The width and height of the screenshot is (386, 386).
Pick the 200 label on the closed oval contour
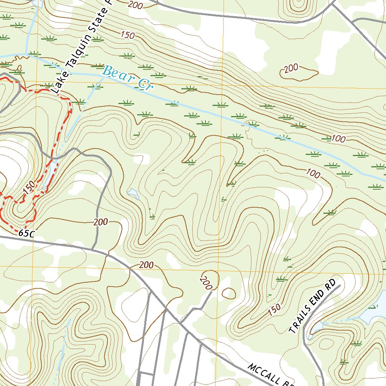[291, 68]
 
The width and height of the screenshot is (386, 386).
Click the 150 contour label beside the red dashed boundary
[29, 188]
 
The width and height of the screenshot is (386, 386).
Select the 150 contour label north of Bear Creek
[127, 35]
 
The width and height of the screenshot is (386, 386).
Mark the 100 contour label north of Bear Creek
[339, 139]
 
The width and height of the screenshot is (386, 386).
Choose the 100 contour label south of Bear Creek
[313, 174]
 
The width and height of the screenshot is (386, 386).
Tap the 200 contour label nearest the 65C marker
[101, 222]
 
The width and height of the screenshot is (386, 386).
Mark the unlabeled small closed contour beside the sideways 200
[228, 293]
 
